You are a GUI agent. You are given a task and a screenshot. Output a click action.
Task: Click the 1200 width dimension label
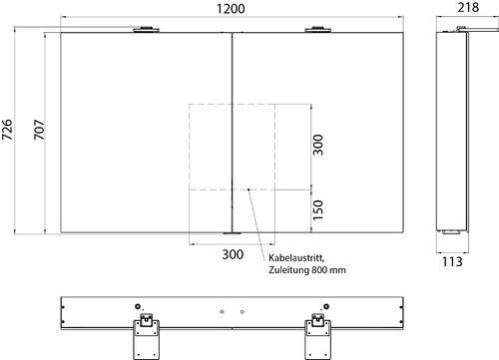(x=231, y=9)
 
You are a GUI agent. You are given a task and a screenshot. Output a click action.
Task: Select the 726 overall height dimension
(x=7, y=130)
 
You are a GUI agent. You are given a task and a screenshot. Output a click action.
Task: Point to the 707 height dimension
(x=39, y=130)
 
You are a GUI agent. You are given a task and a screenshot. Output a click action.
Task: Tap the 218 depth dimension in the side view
(x=468, y=7)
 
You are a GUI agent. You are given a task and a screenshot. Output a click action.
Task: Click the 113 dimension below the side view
(x=452, y=262)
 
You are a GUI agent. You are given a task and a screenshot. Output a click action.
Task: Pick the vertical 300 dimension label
(x=318, y=145)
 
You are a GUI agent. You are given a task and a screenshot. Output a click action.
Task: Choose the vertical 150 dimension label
(x=318, y=209)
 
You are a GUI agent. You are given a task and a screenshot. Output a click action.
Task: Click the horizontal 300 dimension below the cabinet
(x=233, y=254)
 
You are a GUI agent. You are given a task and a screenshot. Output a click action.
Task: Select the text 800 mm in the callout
(x=328, y=270)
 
